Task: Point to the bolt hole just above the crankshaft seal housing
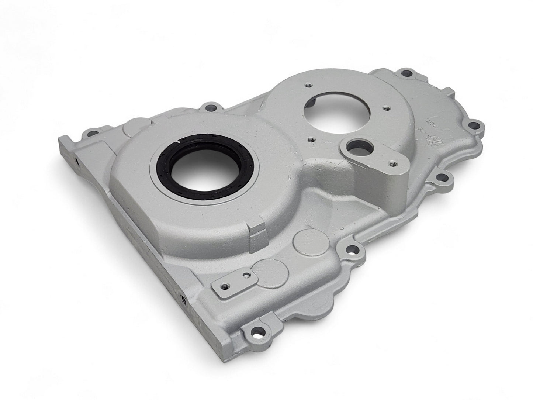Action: [x=211, y=108]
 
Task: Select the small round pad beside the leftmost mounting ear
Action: [x=127, y=130]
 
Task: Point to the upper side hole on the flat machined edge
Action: [x=76, y=162]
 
